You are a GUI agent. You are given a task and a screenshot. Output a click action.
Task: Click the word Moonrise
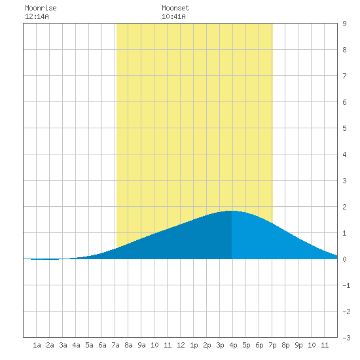[x=41, y=8]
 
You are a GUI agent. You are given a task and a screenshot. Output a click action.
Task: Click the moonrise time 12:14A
[x=37, y=16]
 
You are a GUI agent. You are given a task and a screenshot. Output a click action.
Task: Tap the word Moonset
[x=175, y=8]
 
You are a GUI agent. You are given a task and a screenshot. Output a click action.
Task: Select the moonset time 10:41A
[x=173, y=16]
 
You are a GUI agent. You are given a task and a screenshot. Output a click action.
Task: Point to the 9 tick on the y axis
[x=344, y=24]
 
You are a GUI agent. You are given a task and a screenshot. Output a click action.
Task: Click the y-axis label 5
[x=344, y=128]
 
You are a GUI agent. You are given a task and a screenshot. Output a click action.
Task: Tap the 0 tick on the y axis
[x=344, y=259]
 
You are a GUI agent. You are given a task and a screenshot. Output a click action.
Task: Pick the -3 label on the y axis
[x=346, y=338]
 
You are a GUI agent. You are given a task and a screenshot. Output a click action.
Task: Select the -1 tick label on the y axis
[x=346, y=285]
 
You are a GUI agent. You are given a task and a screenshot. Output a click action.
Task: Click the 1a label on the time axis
[x=37, y=345]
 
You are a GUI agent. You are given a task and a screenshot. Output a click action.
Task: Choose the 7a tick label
[x=115, y=345]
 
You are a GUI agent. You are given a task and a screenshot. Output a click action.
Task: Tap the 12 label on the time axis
[x=181, y=345]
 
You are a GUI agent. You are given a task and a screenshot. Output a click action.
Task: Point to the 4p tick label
[x=233, y=345]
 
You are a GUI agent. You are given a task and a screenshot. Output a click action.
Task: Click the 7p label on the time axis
[x=272, y=345]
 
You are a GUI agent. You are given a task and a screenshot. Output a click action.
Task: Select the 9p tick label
[x=298, y=345]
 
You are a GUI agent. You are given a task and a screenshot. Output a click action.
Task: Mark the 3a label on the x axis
[x=63, y=345]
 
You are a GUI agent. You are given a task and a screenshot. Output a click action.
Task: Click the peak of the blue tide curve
[x=232, y=211]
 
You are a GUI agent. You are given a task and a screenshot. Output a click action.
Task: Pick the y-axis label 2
[x=344, y=207]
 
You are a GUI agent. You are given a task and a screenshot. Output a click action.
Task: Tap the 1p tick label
[x=194, y=345]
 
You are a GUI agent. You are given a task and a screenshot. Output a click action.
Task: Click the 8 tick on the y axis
[x=344, y=50]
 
